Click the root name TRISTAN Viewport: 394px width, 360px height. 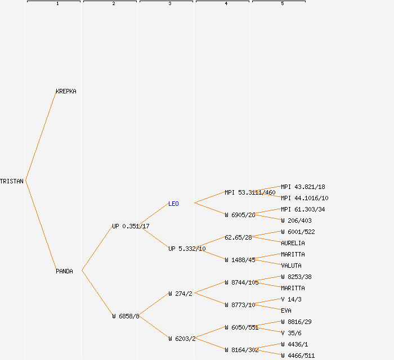click(12, 181)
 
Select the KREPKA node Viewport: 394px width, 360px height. click(66, 91)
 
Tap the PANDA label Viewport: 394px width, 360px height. click(64, 271)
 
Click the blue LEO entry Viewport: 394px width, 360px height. click(173, 204)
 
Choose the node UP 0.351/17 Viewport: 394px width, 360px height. click(131, 226)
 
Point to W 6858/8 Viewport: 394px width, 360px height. click(126, 316)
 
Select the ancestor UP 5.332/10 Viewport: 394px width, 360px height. click(187, 249)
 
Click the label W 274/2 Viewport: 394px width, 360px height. click(180, 294)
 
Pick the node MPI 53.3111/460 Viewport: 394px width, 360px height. click(250, 192)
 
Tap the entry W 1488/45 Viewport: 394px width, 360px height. click(240, 260)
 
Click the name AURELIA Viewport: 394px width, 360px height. click(293, 243)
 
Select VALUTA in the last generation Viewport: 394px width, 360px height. click(291, 265)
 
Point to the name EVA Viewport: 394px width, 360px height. click(286, 310)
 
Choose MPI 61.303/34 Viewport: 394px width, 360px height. click(303, 209)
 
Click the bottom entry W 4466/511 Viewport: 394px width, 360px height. click(298, 355)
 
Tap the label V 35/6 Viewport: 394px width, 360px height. click(291, 333)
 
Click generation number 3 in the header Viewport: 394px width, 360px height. click(169, 4)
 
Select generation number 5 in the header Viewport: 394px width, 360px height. click(282, 4)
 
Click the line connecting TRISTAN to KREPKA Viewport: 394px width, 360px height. click(41, 136)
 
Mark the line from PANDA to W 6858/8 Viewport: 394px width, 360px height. click(97, 294)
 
